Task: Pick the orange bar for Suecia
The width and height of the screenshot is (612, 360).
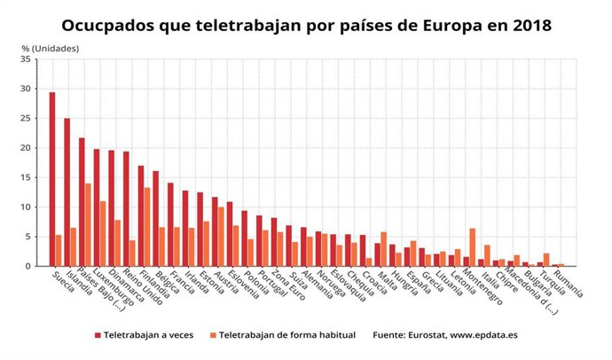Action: (59, 251)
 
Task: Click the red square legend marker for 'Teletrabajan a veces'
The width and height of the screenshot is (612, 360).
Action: (98, 335)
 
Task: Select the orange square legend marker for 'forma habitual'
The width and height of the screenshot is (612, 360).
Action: (212, 335)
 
